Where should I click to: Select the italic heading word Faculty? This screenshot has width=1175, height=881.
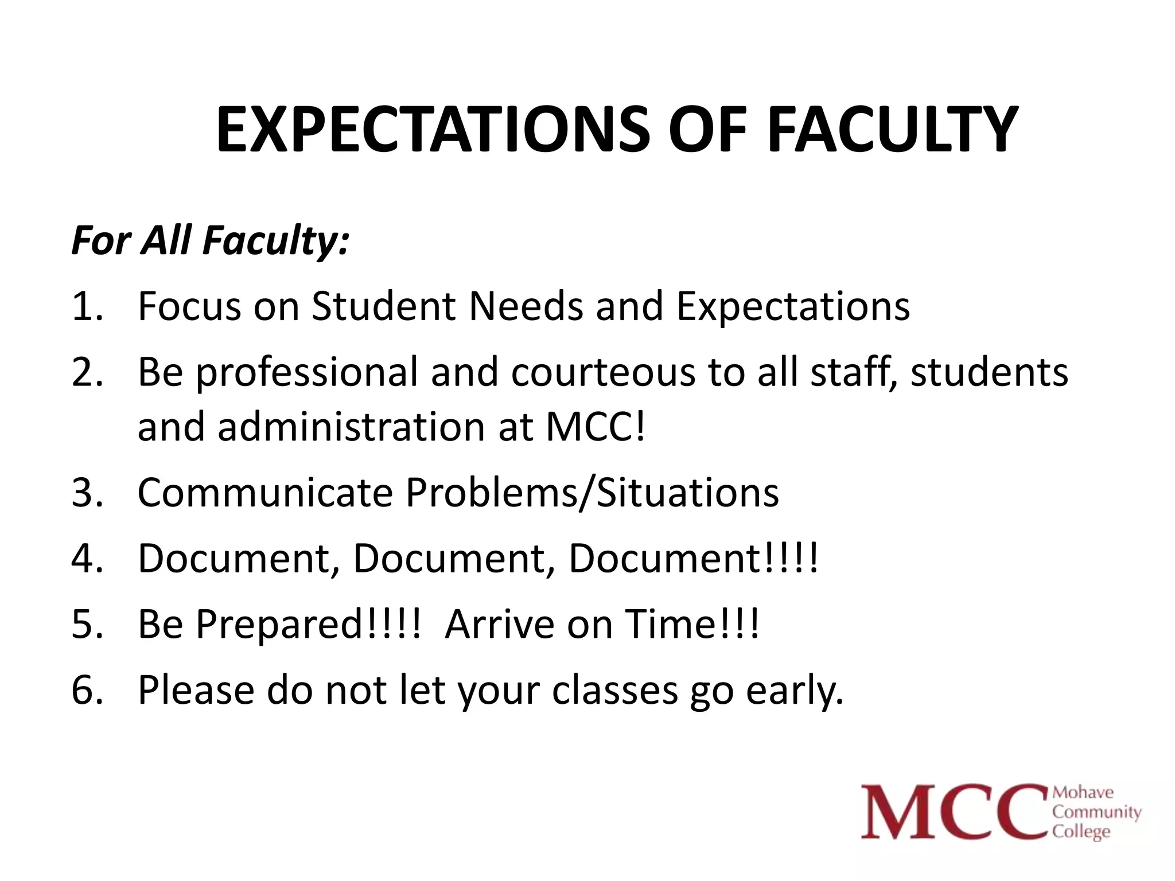(275, 241)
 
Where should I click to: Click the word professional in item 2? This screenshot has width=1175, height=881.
(307, 373)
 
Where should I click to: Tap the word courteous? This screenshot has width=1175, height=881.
(603, 373)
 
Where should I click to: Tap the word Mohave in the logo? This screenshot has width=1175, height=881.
(1083, 793)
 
